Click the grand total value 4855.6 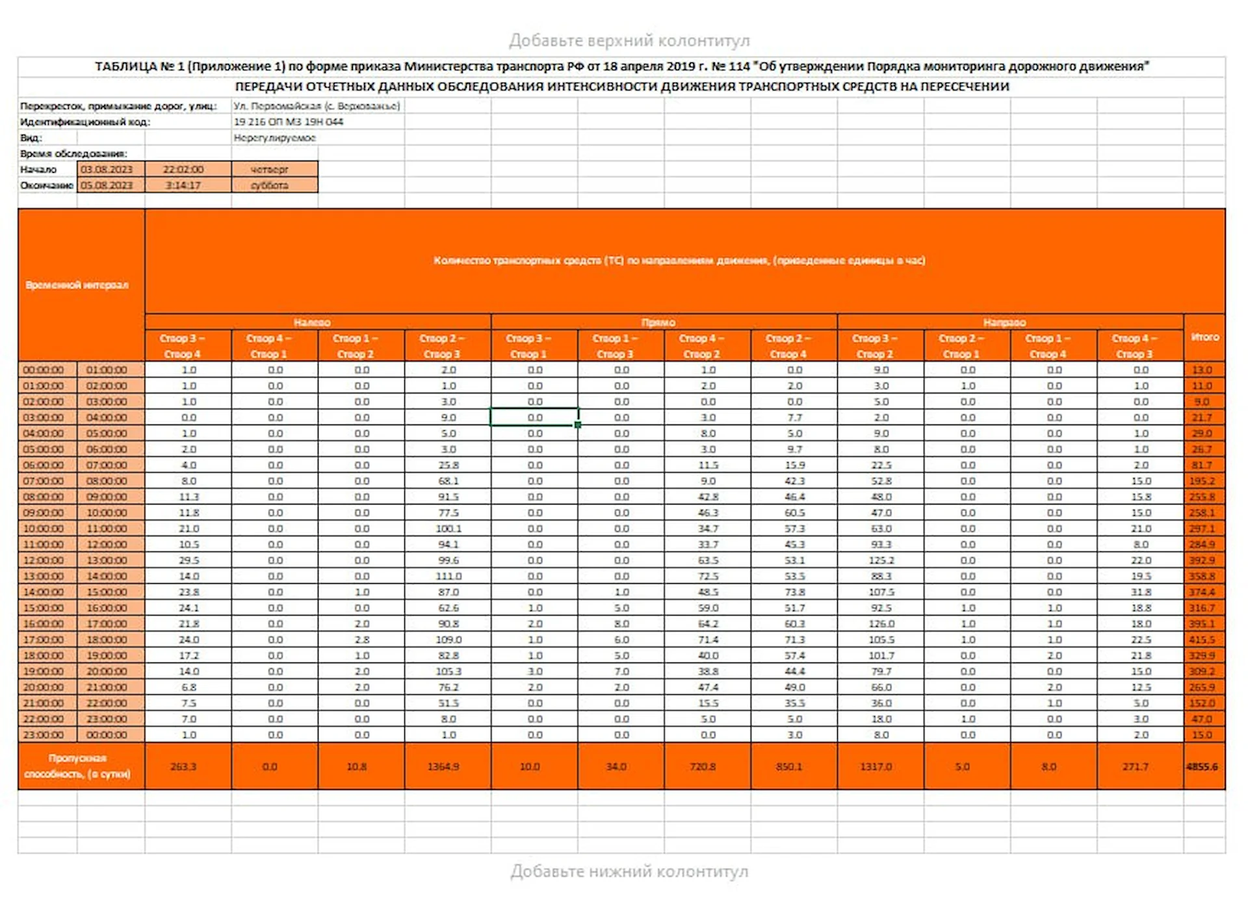coord(1202,766)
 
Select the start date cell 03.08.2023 coord(107,169)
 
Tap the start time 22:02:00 coord(184,169)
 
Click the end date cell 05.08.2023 coord(107,185)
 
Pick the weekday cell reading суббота coord(270,185)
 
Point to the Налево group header coord(313,322)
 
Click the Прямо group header coord(658,322)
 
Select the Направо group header coord(1005,322)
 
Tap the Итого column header coord(1205,337)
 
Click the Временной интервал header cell coord(77,285)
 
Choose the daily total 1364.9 coord(443,766)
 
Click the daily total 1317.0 coord(876,766)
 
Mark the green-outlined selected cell coord(534,417)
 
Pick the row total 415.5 coord(1202,640)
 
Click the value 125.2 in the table coord(881,560)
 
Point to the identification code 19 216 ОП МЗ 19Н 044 coord(289,122)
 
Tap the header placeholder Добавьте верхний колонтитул coord(629,40)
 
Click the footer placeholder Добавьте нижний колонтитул coord(629,871)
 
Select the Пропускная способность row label coord(77,766)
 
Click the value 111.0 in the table coord(448,576)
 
